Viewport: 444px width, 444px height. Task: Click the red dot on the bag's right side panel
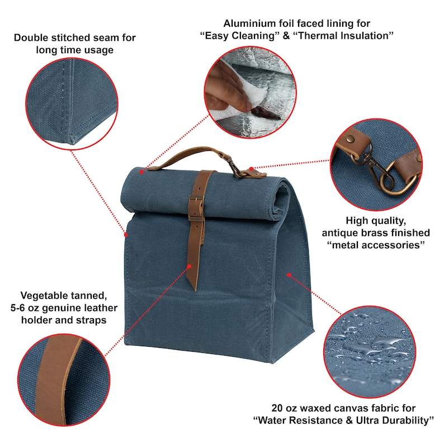coord(289,275)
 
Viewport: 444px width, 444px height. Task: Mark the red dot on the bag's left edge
coord(126,234)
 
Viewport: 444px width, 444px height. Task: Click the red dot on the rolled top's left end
coord(142,171)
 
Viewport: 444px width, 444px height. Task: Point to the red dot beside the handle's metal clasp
coord(252,168)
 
